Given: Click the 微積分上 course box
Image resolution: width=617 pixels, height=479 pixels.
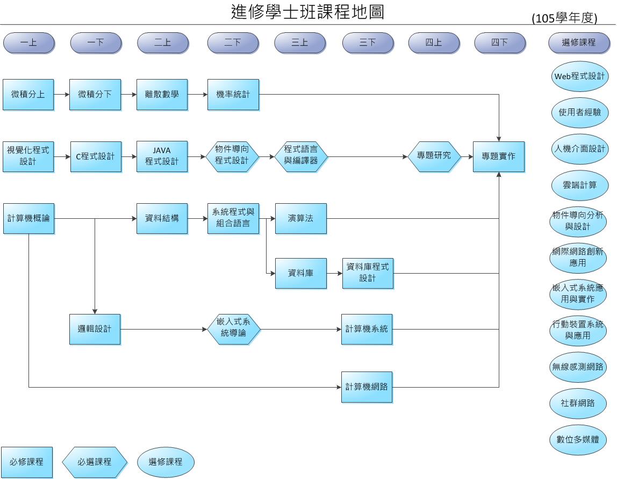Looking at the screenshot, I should click(x=28, y=95).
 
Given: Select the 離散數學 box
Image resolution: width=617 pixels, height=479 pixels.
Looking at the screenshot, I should click(x=162, y=95).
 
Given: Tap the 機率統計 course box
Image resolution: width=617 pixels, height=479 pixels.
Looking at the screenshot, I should click(x=233, y=95).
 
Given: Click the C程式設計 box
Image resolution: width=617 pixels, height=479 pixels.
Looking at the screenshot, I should click(x=95, y=156).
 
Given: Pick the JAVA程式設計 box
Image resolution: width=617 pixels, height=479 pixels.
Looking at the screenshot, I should click(x=162, y=156).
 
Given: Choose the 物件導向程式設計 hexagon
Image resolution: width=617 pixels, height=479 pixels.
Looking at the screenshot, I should click(x=232, y=156).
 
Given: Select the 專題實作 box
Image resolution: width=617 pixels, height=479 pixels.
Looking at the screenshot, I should click(x=498, y=156).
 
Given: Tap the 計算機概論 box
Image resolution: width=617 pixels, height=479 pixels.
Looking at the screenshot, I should click(x=28, y=218).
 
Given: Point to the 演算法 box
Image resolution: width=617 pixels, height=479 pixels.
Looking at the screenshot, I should click(x=300, y=218).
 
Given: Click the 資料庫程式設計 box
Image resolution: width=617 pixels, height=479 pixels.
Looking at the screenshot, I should click(x=368, y=273).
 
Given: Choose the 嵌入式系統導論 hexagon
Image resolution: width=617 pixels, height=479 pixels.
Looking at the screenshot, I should click(x=233, y=328).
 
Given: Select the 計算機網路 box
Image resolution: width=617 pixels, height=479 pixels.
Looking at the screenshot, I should click(x=367, y=387).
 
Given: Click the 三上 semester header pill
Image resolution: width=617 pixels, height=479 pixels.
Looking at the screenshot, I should click(x=300, y=42).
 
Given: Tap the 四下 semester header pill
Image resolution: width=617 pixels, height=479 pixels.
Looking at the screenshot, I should click(x=499, y=42).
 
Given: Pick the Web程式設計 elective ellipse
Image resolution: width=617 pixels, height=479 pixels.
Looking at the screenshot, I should click(x=579, y=76).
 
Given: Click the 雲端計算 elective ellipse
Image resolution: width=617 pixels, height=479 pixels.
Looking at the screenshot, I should click(x=579, y=185).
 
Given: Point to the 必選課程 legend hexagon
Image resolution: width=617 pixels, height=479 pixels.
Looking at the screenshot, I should click(x=95, y=462).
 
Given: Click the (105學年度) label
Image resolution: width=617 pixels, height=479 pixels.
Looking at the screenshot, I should click(x=564, y=18).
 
